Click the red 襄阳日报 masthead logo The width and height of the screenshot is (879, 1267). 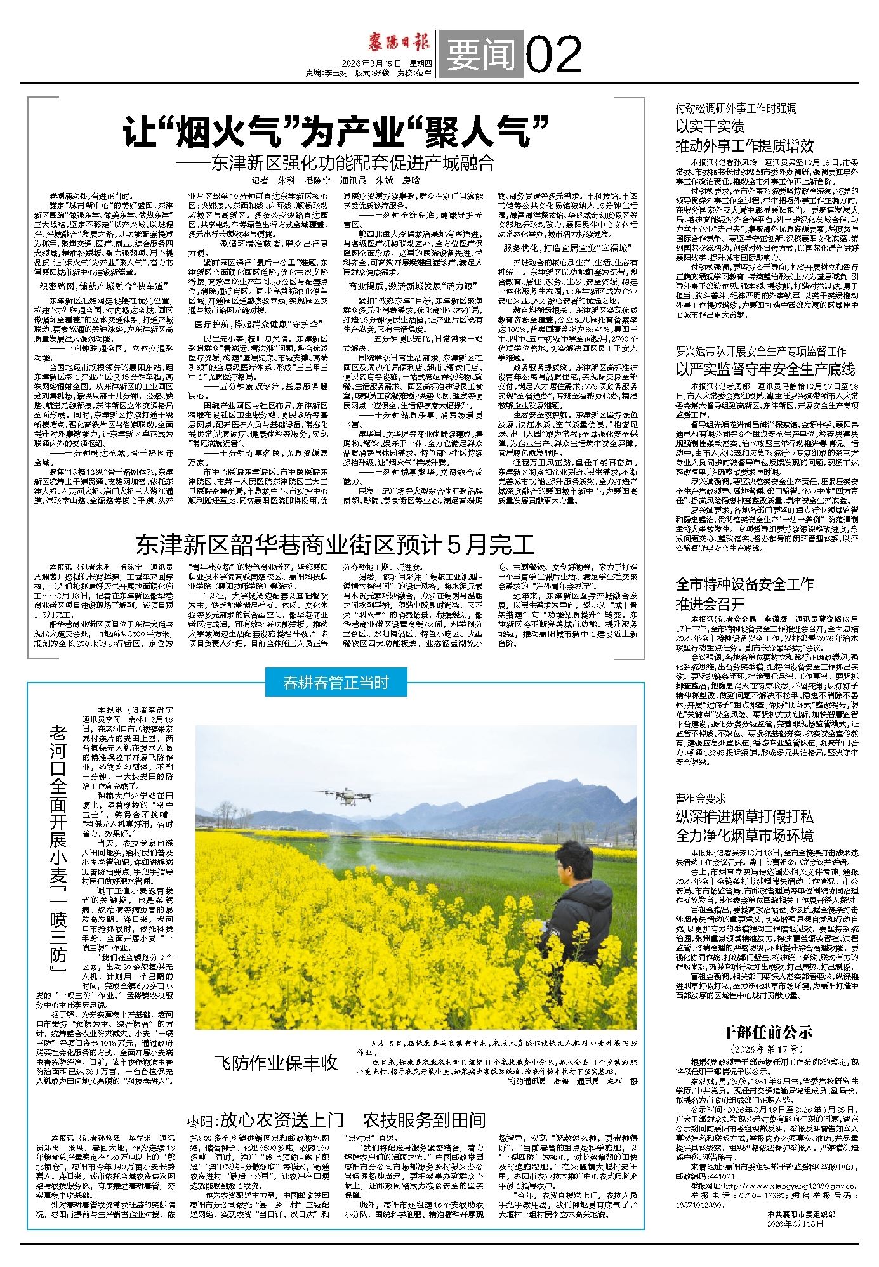click(x=399, y=43)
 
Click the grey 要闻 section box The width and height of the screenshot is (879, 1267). click(x=480, y=55)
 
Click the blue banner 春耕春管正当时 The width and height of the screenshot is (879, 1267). click(x=335, y=683)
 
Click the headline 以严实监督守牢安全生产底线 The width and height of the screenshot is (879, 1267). click(x=765, y=369)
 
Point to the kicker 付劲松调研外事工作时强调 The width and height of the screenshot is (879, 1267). click(x=736, y=108)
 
